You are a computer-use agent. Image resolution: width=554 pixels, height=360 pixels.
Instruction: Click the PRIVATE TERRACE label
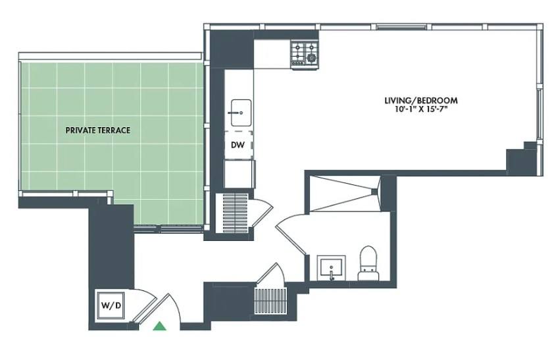tap(98, 130)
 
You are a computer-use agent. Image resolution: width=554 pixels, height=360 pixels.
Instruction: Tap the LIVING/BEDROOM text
tap(421, 101)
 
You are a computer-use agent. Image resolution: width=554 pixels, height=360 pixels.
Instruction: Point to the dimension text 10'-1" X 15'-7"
tap(420, 109)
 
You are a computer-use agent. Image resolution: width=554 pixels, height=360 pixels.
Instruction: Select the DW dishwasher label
tap(238, 145)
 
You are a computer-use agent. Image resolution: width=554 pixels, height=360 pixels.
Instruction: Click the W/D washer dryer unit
tap(110, 305)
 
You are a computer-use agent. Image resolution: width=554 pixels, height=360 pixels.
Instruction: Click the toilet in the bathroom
tap(368, 263)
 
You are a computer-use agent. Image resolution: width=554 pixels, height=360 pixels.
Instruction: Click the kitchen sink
tap(241, 113)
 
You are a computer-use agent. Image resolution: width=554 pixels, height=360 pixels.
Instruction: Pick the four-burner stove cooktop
tap(304, 54)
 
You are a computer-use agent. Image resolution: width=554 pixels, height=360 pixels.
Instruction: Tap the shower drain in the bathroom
tap(374, 192)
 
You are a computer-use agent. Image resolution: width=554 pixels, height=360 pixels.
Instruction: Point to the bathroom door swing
tap(291, 234)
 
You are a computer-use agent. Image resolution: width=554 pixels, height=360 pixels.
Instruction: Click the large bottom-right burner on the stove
tap(311, 57)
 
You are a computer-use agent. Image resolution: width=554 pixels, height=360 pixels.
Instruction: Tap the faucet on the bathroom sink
tap(332, 274)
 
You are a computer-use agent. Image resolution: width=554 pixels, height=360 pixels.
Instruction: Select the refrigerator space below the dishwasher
tap(239, 174)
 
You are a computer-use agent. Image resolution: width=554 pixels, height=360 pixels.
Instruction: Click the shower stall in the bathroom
tap(344, 194)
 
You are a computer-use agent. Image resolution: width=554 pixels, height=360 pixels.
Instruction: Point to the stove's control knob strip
tap(298, 64)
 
